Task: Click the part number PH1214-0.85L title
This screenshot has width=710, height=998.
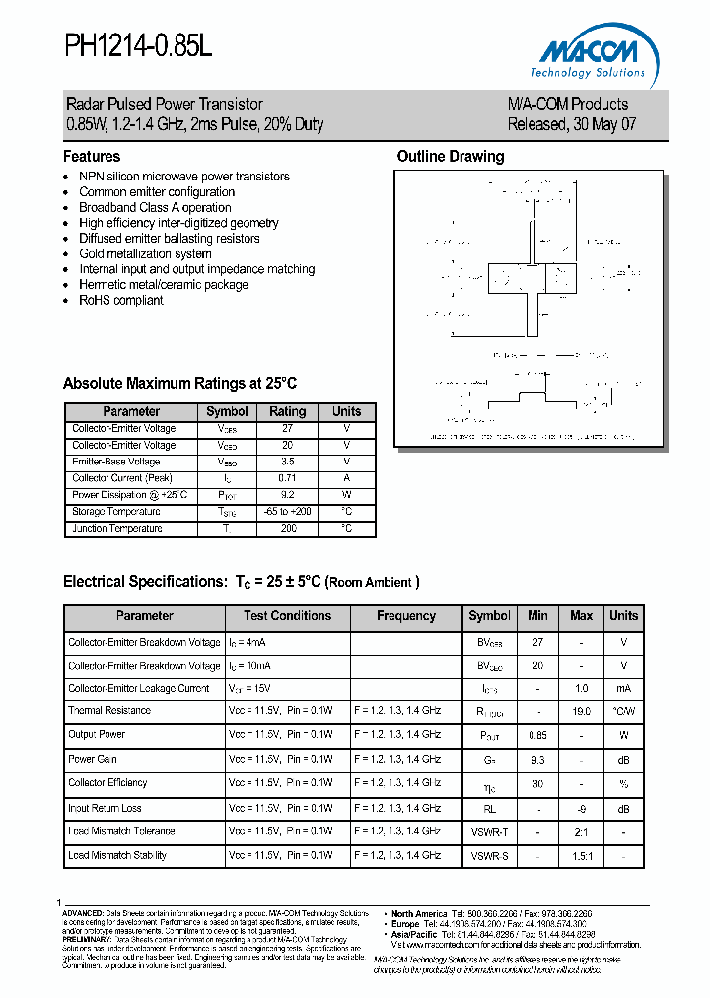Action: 138,46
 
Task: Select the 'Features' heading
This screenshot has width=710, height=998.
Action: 92,157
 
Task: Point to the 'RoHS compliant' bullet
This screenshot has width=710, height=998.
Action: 121,300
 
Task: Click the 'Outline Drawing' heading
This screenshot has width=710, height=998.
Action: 450,157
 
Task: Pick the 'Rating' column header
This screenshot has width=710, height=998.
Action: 288,411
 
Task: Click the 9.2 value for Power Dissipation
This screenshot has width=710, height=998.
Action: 288,495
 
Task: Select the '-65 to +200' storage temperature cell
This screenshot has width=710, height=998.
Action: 288,512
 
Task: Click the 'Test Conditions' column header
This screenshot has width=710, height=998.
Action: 288,616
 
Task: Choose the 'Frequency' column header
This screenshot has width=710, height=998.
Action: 406,616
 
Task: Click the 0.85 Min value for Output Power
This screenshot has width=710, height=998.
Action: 537,735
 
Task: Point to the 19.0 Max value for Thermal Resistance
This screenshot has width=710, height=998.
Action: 581,711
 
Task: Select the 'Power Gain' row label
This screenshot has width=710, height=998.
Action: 93,759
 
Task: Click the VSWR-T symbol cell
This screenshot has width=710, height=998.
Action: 490,831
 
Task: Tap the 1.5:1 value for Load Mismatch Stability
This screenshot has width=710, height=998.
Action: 581,856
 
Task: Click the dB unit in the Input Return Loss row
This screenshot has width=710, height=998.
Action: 623,808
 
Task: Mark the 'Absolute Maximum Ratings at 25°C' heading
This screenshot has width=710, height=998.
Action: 179,384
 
